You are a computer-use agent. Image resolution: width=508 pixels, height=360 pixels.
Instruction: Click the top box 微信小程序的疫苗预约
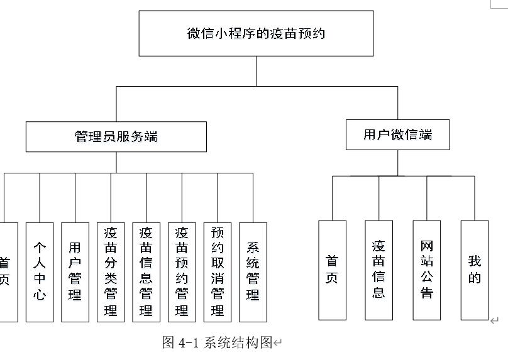(256, 33)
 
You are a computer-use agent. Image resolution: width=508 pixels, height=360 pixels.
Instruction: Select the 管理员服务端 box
(116, 136)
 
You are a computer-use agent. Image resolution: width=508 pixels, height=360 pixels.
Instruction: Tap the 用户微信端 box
(397, 134)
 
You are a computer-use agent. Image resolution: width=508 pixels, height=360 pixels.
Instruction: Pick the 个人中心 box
(40, 271)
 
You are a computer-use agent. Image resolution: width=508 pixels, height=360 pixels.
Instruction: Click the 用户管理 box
(75, 271)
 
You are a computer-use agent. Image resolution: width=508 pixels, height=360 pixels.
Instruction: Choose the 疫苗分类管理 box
(111, 271)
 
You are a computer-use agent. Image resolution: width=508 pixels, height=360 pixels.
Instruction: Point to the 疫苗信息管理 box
(146, 271)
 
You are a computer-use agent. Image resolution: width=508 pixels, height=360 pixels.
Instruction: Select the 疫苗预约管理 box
(182, 271)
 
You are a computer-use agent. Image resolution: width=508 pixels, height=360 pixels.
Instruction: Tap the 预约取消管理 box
(218, 271)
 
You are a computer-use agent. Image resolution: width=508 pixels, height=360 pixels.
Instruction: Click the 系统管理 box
(253, 271)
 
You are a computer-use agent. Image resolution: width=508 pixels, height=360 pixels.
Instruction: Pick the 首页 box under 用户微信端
(332, 270)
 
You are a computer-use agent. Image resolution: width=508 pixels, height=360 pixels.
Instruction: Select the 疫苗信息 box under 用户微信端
(378, 270)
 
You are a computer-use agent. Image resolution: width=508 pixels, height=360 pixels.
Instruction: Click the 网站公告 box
(427, 270)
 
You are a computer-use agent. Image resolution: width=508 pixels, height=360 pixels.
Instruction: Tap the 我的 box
(474, 270)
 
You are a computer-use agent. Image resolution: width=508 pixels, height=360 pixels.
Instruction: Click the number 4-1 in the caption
(189, 342)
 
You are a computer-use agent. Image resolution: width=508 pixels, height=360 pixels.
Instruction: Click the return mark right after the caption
(278, 343)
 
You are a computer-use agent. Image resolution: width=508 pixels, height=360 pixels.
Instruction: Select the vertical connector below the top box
(256, 71)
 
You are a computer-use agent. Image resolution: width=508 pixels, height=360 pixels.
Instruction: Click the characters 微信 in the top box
(201, 33)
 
